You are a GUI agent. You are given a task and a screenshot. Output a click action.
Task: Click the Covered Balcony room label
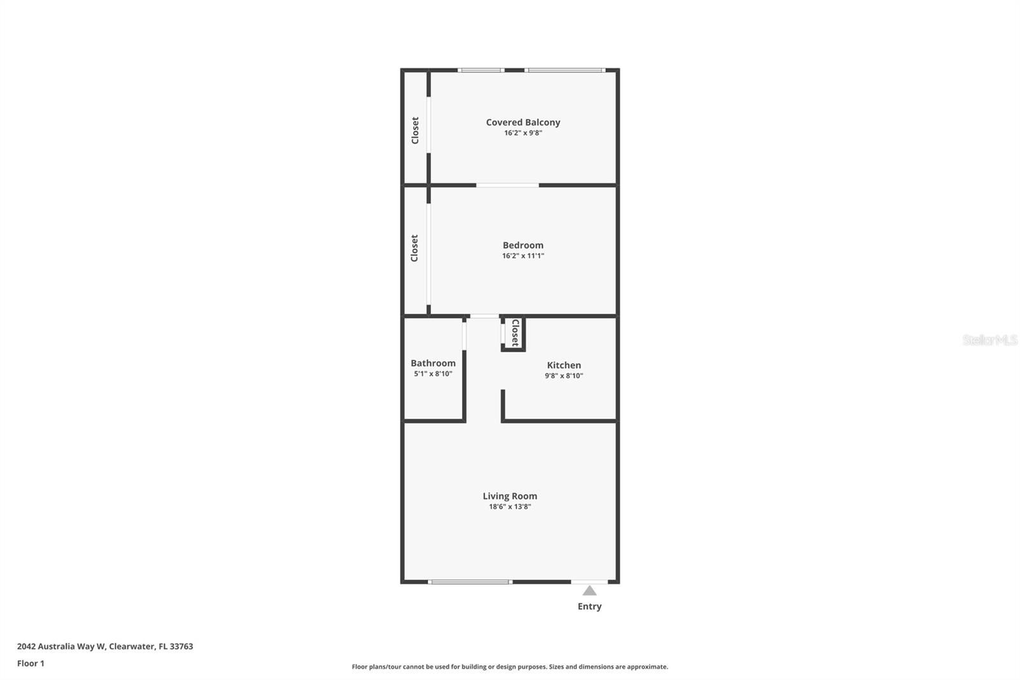(523, 122)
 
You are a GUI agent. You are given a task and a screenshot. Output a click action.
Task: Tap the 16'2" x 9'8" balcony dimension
(523, 133)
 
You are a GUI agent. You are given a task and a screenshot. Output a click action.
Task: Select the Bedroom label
(523, 245)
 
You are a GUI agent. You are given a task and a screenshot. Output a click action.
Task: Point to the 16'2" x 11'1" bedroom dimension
(523, 256)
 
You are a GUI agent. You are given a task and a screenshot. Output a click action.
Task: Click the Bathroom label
(433, 363)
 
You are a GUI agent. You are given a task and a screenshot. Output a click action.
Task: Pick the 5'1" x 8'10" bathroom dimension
(433, 374)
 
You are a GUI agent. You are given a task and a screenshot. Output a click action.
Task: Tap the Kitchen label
(564, 366)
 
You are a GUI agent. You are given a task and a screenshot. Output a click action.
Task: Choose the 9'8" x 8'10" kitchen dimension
(564, 376)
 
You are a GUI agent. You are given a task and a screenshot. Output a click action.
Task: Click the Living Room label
(509, 496)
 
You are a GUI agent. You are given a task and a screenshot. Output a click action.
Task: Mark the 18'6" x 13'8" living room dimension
(509, 506)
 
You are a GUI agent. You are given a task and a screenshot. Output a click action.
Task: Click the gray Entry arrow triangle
(590, 591)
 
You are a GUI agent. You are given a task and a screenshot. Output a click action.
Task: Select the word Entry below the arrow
(590, 607)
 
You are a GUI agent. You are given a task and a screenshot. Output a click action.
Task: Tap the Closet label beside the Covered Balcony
(415, 130)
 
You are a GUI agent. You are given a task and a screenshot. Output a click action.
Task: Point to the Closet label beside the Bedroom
(414, 248)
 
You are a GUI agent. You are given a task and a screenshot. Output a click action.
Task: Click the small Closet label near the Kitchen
(515, 333)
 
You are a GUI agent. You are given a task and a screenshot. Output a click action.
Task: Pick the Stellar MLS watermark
(989, 340)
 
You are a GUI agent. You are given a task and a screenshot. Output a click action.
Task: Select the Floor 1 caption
(31, 663)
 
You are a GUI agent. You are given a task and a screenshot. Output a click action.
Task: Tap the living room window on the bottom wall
(470, 582)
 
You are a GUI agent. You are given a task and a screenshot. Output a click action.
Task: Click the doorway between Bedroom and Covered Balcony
(507, 186)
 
